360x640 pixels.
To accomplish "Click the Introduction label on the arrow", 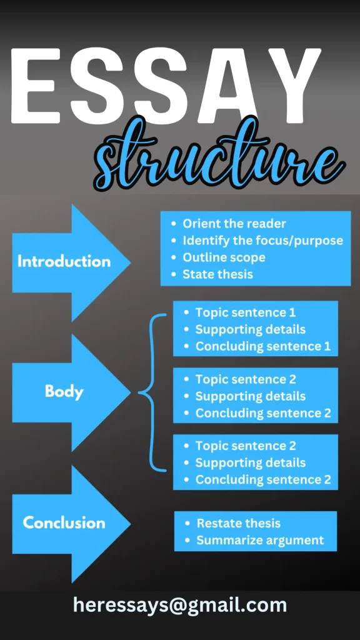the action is pyautogui.click(x=64, y=262).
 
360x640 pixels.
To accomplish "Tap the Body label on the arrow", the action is pyautogui.click(x=64, y=391).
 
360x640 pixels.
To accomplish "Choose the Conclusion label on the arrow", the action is pyautogui.click(x=64, y=523).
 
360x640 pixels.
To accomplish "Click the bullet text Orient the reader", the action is pyautogui.click(x=234, y=224).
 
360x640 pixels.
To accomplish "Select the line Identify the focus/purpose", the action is pyautogui.click(x=263, y=241).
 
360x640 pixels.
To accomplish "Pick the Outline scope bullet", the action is pyautogui.click(x=224, y=257).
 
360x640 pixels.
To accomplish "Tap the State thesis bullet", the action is pyautogui.click(x=218, y=274).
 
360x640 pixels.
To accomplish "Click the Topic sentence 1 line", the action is pyautogui.click(x=246, y=312).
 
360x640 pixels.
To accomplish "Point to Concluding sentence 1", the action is pyautogui.click(x=263, y=346).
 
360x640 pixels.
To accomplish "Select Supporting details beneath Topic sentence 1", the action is pyautogui.click(x=251, y=329).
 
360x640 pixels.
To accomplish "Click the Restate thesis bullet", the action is pyautogui.click(x=239, y=523).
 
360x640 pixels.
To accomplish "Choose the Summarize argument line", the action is pyautogui.click(x=261, y=541).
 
